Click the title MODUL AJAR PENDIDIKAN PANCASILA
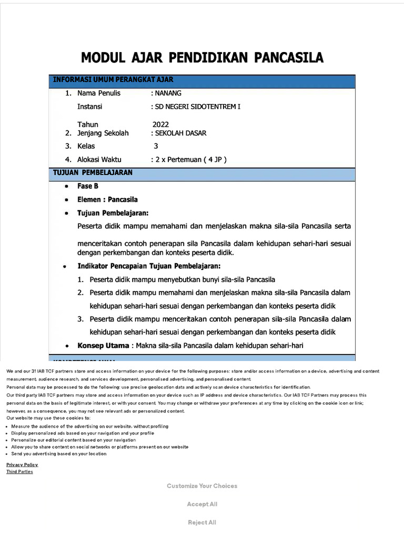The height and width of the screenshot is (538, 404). click(x=202, y=57)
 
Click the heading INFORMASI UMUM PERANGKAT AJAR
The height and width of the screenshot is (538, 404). click(x=113, y=80)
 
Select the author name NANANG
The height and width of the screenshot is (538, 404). click(x=167, y=93)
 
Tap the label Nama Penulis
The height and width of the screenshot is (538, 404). click(x=99, y=93)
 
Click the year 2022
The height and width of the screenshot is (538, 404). click(x=160, y=125)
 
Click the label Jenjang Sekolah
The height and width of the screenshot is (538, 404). click(x=103, y=133)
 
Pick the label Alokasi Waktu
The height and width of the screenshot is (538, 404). click(x=99, y=159)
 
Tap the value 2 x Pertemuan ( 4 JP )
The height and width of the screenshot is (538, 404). click(x=190, y=159)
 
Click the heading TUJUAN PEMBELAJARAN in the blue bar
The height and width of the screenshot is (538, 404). click(x=93, y=172)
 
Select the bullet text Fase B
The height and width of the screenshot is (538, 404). click(x=88, y=186)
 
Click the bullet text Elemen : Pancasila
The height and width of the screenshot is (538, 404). click(x=107, y=200)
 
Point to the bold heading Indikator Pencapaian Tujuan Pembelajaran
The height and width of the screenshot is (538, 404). click(x=149, y=266)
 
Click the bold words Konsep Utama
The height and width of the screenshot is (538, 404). click(x=103, y=345)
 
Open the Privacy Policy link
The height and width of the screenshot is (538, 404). click(x=22, y=464)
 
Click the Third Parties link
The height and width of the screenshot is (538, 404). click(x=19, y=472)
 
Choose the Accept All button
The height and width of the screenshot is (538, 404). click(x=202, y=504)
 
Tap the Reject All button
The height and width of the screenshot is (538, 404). click(x=202, y=522)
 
